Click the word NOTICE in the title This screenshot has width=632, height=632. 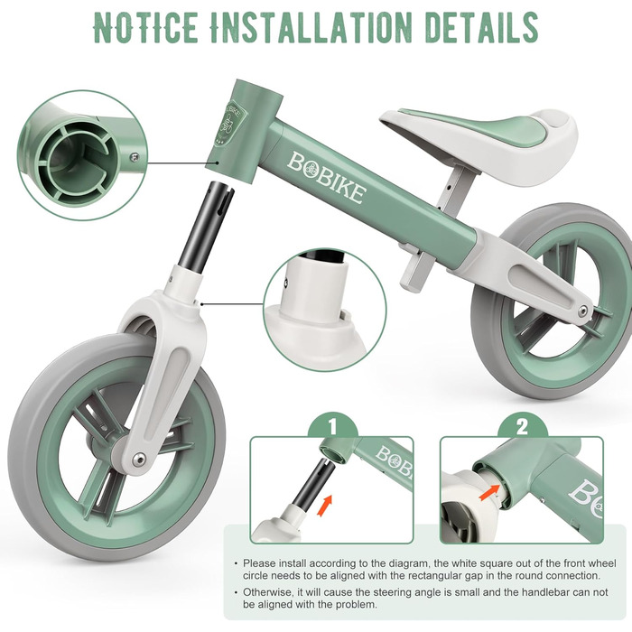(x=145, y=27)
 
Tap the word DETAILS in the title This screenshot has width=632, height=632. (x=481, y=27)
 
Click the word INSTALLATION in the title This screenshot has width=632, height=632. (x=311, y=27)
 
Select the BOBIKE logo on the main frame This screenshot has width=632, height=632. (x=327, y=178)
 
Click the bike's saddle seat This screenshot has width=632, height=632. (x=479, y=141)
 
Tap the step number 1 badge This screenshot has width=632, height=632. (x=332, y=427)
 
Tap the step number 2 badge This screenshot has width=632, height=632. (x=522, y=427)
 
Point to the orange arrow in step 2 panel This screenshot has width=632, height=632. (x=489, y=492)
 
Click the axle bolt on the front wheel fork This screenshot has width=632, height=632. (x=139, y=458)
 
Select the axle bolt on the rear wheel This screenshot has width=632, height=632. (x=583, y=310)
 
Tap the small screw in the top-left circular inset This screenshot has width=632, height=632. (x=135, y=157)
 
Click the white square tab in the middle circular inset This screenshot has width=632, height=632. (x=343, y=314)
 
